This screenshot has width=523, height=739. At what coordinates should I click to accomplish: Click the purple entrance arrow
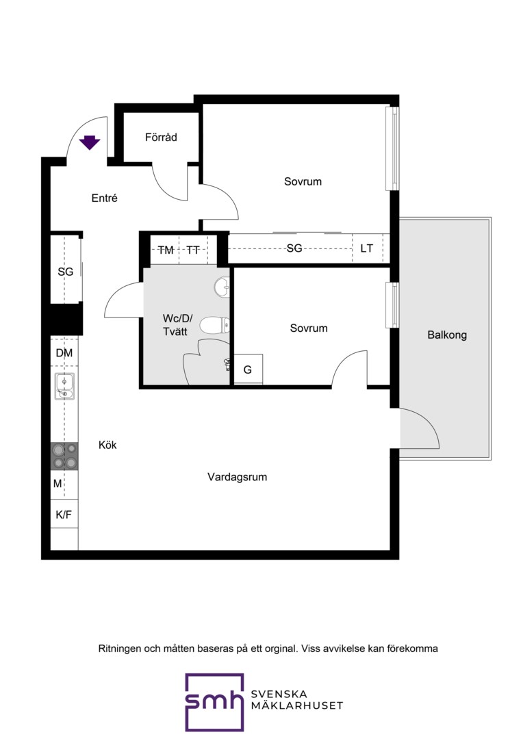[x=90, y=142]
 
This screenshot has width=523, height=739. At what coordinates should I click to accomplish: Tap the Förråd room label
[x=161, y=137]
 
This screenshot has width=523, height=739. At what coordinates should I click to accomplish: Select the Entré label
[x=104, y=198]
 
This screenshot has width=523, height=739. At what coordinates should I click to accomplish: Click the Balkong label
[x=447, y=335]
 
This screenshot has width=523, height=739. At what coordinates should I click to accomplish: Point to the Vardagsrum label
[x=238, y=477]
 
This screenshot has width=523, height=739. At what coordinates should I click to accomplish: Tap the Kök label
[x=107, y=445]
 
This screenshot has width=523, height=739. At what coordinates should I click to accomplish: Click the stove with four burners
[x=64, y=456]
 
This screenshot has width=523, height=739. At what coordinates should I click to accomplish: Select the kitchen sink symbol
[x=64, y=387]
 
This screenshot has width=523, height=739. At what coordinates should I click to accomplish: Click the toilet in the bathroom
[x=214, y=325]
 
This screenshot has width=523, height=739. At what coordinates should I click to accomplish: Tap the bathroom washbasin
[x=221, y=287]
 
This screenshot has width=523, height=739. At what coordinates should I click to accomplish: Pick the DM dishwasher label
[x=64, y=352]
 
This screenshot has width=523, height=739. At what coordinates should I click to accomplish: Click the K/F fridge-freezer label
[x=64, y=515]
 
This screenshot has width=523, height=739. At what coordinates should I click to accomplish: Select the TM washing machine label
[x=166, y=250]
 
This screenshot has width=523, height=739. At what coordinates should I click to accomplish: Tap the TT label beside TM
[x=193, y=250]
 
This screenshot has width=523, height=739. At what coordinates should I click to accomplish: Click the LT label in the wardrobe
[x=366, y=248]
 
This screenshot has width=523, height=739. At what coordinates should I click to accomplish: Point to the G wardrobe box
[x=248, y=369]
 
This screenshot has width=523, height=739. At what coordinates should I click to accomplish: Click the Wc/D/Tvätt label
[x=177, y=325]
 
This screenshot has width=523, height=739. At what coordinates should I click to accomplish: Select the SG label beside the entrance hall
[x=66, y=272]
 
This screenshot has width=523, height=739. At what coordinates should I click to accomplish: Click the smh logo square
[x=214, y=702]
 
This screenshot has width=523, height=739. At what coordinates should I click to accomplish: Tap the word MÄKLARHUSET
[x=297, y=705]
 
